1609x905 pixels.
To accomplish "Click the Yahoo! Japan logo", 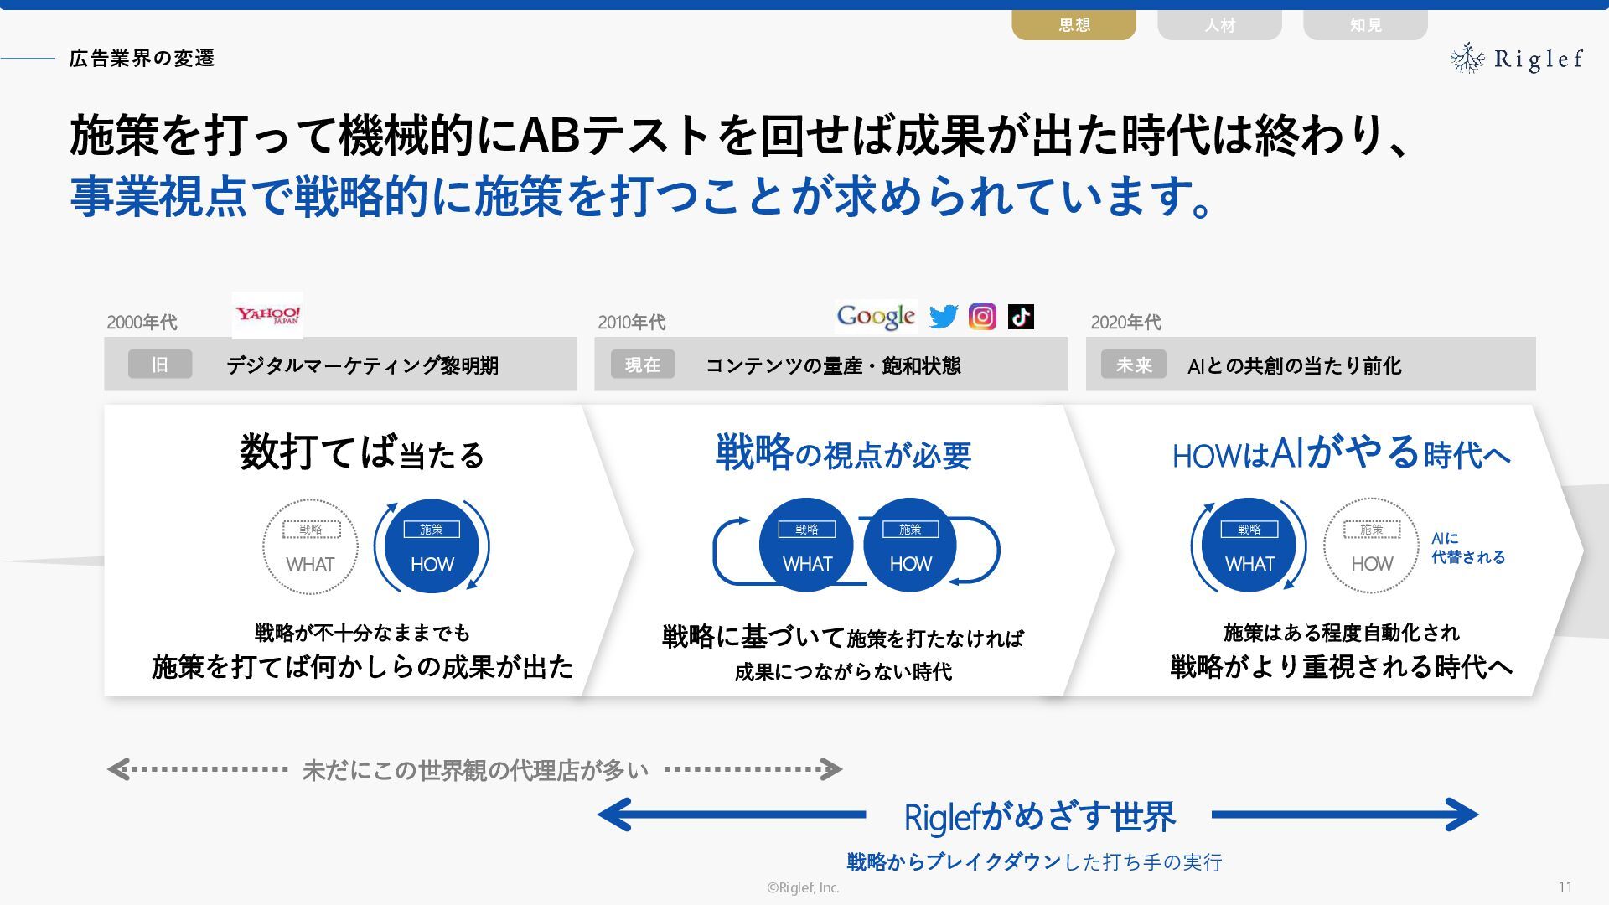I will coord(267,315).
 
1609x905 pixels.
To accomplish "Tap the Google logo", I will coord(876,317).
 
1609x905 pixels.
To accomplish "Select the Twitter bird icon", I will coord(943,317).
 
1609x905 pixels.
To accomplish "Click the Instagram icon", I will coord(982,317).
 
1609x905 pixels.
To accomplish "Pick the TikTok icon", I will coord(1021,317).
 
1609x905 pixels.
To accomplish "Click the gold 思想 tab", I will coord(1074,25).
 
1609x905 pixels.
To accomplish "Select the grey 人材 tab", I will coord(1219,25).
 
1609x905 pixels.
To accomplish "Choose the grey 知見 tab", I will coord(1365,25).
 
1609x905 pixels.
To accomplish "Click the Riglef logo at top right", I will coord(1517,59).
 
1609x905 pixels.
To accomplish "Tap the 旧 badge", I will coord(160,365).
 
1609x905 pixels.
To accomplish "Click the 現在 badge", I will coord(643,365).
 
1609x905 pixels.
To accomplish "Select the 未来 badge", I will coord(1134,365).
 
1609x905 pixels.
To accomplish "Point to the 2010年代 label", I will coord(631,323).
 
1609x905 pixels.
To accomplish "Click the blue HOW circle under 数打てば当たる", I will coord(432,546).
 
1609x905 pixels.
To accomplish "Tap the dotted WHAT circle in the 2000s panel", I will coord(310,546).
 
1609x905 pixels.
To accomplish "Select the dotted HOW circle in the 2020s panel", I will coord(1371,546).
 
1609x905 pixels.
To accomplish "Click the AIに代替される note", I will coord(1467,548).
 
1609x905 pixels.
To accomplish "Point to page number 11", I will coord(1565,887).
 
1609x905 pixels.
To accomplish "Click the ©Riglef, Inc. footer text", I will coord(803,887).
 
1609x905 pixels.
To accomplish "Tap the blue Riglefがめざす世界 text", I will coord(1039,816).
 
